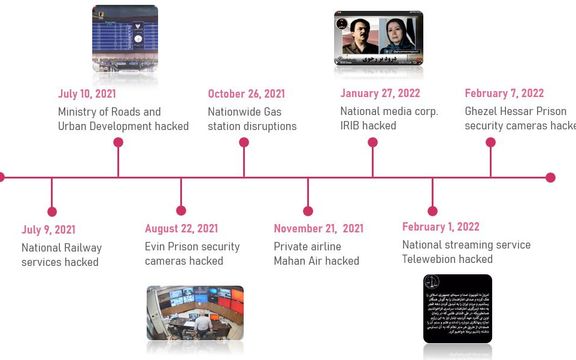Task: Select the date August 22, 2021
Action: pyautogui.click(x=181, y=229)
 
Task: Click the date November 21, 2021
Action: pyautogui.click(x=319, y=229)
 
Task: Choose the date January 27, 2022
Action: pyautogui.click(x=380, y=94)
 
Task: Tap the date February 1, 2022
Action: pyautogui.click(x=441, y=227)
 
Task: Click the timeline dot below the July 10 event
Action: pyautogui.click(x=118, y=142)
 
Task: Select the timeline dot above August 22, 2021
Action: pyautogui.click(x=181, y=211)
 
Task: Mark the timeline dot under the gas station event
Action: pyautogui.click(x=244, y=142)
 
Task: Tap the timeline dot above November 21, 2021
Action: pyautogui.click(x=307, y=211)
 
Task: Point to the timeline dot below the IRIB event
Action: pyautogui.click(x=372, y=142)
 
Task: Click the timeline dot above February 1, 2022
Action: pyautogui.click(x=433, y=211)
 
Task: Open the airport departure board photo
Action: pyautogui.click(x=125, y=30)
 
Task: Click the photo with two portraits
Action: pyautogui.click(x=378, y=33)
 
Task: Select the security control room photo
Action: pyautogui.click(x=195, y=313)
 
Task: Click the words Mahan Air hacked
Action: pyautogui.click(x=317, y=262)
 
